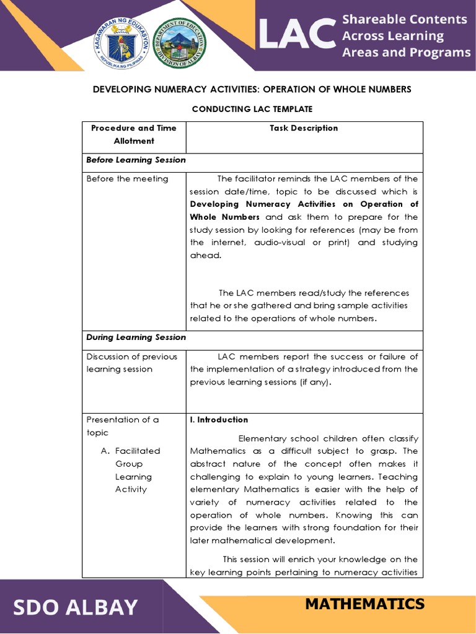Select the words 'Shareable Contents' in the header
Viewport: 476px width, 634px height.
(x=405, y=19)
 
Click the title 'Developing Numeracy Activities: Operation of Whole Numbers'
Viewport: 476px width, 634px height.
(x=252, y=89)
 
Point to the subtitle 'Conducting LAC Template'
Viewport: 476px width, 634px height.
(x=252, y=109)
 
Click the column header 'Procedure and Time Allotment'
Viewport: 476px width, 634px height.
(x=134, y=134)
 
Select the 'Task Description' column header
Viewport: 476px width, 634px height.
(x=304, y=128)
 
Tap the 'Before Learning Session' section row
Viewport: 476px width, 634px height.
(x=136, y=160)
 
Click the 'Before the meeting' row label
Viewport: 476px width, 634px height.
(x=127, y=179)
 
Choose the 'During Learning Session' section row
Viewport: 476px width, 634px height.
(x=136, y=337)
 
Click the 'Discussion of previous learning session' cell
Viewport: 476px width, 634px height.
(x=131, y=363)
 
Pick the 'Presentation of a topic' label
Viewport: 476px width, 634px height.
(x=123, y=426)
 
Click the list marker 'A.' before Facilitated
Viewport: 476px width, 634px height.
(x=105, y=451)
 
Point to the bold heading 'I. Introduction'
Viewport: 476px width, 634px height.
(x=219, y=420)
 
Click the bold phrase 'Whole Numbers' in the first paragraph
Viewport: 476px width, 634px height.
(x=225, y=217)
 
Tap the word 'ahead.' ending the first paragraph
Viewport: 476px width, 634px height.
(x=205, y=255)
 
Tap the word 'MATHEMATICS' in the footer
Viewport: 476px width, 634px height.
(x=364, y=604)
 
